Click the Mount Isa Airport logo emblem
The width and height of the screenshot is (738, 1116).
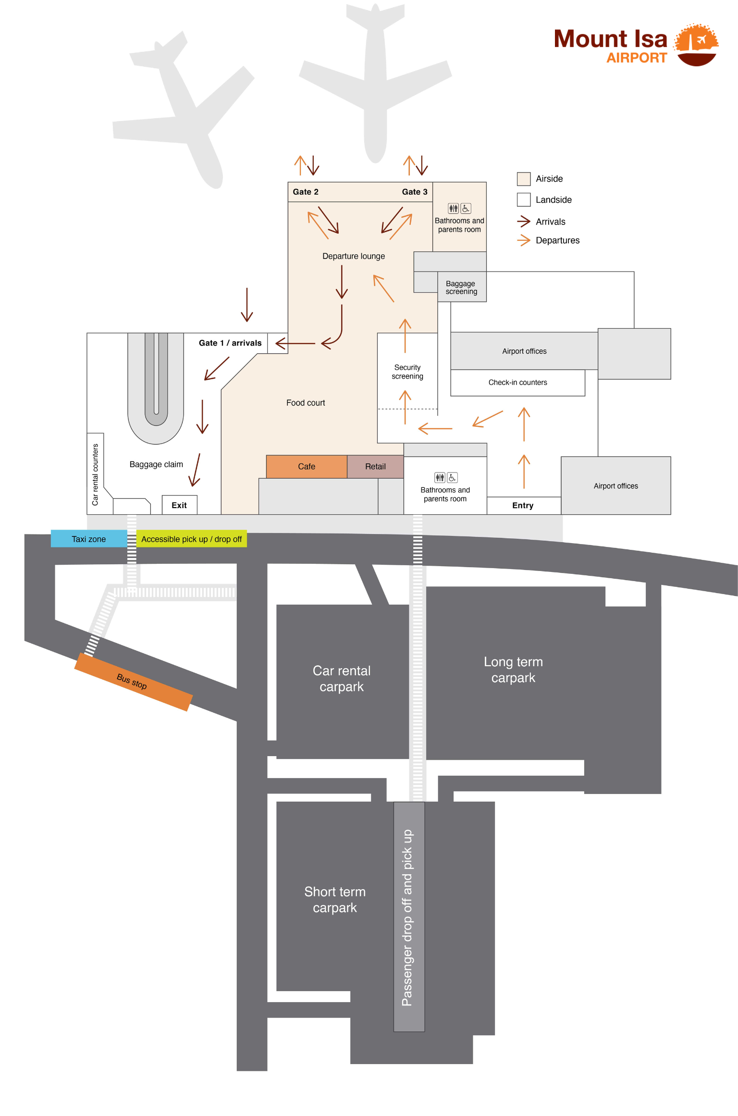(696, 45)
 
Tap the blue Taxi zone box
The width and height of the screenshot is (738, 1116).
(89, 539)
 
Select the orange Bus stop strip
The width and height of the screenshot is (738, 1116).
(133, 682)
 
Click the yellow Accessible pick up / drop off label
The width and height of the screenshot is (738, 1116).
(191, 539)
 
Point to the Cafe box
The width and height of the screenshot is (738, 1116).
(307, 466)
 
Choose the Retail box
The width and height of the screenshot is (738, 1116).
(375, 466)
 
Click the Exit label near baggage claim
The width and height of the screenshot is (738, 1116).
(179, 505)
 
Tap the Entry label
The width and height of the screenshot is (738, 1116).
(523, 505)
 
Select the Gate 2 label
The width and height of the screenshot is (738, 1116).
(306, 192)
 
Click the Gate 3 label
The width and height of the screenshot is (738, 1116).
(415, 192)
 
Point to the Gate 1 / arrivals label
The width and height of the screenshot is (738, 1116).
(230, 343)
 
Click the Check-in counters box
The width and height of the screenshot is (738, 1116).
(517, 383)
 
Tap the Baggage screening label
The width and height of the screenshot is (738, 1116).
(461, 287)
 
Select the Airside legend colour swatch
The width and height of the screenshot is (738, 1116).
(524, 179)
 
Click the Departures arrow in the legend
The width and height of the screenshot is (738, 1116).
(524, 240)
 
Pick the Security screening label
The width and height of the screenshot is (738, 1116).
(407, 372)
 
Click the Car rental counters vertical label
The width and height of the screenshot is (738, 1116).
(95, 474)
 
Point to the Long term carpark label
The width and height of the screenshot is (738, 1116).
(513, 670)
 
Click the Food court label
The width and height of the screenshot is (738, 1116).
(306, 403)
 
